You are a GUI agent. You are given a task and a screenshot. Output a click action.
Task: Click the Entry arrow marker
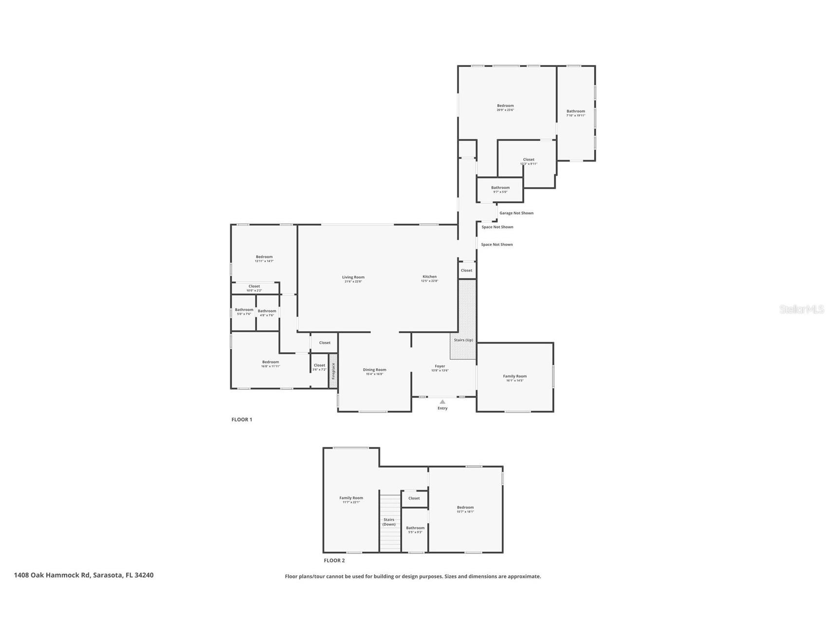tap(442, 401)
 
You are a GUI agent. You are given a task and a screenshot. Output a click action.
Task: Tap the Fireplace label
tap(333, 371)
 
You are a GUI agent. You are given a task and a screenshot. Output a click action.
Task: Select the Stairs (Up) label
tap(463, 340)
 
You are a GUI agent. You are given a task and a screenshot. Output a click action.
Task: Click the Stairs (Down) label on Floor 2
tap(389, 522)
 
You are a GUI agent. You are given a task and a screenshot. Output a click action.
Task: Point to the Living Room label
tap(353, 277)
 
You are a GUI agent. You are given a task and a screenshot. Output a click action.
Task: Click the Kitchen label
tap(429, 276)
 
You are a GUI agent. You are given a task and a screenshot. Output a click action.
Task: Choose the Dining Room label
tap(374, 370)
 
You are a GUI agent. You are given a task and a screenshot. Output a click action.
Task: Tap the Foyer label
tap(440, 366)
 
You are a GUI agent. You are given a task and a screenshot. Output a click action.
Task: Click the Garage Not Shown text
tap(516, 213)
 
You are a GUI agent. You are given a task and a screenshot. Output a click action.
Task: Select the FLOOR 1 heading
tap(241, 419)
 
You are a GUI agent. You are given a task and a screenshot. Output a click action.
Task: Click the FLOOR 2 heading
tap(334, 561)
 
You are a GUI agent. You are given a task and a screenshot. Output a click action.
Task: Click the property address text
tap(84, 575)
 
